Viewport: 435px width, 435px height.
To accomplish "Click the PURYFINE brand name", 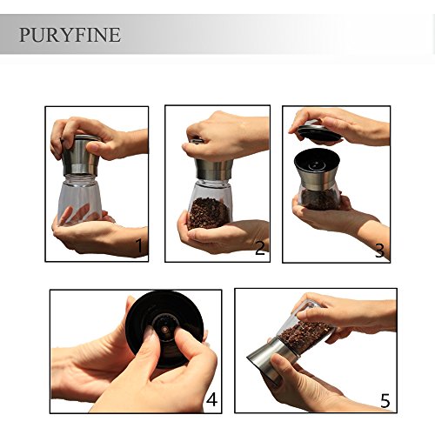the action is [x=70, y=35].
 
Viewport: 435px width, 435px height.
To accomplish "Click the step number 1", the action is [x=139, y=245].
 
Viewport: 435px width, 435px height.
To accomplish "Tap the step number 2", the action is [x=260, y=248].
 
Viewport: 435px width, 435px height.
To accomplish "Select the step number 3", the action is [x=379, y=251].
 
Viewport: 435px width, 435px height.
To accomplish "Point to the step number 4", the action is [x=211, y=399].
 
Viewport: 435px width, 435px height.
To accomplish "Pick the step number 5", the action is [x=385, y=400].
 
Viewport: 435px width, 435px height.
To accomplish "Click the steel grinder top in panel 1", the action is [x=81, y=157].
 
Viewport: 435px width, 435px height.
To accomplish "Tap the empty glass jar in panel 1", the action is [x=79, y=197].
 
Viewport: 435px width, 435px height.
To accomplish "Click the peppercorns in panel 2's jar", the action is [x=209, y=213].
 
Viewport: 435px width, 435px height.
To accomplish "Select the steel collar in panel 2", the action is [x=214, y=170].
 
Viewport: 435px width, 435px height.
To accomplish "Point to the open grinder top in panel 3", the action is [x=318, y=168].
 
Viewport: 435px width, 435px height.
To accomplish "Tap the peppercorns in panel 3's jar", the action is [x=319, y=199].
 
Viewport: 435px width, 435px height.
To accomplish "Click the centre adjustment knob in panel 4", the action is [x=165, y=330].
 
